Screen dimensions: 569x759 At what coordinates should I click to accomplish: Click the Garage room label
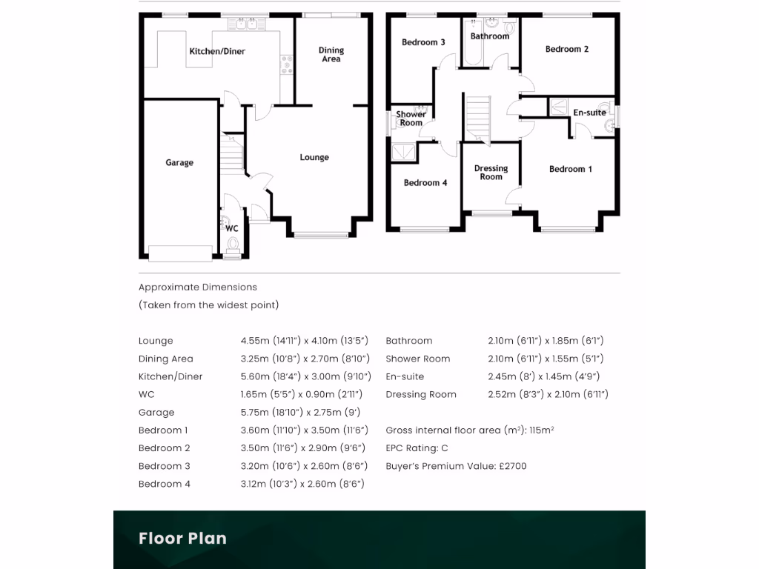point(179,163)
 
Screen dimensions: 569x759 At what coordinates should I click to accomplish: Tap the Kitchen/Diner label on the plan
point(217,52)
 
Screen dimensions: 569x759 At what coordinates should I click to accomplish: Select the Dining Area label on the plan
point(331,55)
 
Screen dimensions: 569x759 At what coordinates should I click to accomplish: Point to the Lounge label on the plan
point(314,158)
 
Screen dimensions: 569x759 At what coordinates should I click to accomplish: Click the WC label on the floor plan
point(231,228)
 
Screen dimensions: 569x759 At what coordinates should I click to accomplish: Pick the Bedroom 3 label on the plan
point(423,43)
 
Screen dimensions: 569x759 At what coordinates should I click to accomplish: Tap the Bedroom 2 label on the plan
point(567,50)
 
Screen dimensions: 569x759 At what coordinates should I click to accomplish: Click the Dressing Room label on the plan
point(491,173)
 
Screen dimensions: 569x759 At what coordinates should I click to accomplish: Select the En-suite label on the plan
point(589,113)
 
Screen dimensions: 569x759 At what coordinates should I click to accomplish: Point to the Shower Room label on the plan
point(411,119)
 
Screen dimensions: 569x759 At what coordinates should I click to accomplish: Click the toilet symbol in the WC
point(233,244)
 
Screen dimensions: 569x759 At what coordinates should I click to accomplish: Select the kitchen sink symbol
point(246,24)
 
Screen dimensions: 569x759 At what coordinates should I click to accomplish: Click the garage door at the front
point(180,253)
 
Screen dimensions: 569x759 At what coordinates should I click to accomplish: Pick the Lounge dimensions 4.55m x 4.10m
point(304,341)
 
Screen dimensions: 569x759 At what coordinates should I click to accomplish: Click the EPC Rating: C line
point(417,448)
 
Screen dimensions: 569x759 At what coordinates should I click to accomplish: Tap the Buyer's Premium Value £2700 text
point(456,466)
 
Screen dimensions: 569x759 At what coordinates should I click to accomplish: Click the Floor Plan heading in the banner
point(182,539)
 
